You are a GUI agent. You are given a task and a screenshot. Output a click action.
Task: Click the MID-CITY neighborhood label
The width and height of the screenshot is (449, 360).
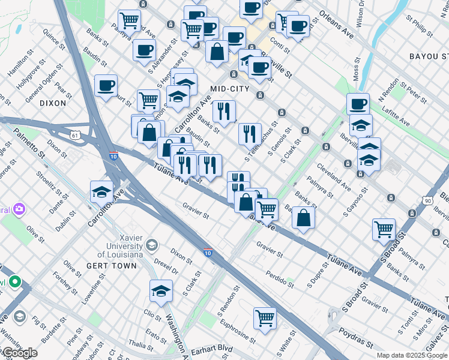(x=229, y=88)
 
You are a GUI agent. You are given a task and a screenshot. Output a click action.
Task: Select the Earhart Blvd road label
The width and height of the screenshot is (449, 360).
(x=211, y=349)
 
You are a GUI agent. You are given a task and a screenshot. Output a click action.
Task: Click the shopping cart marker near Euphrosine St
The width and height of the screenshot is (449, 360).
(x=265, y=318)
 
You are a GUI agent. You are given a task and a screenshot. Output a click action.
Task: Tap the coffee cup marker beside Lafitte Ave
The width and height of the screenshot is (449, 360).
(x=358, y=104)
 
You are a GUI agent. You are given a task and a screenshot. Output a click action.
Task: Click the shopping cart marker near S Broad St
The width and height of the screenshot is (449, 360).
(x=384, y=229)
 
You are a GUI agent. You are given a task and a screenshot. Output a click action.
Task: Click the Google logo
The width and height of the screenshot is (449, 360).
(x=20, y=353)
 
